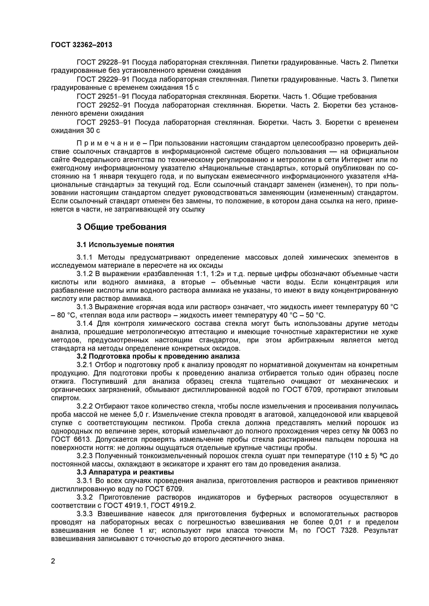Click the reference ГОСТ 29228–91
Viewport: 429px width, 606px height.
pos(103,63)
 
